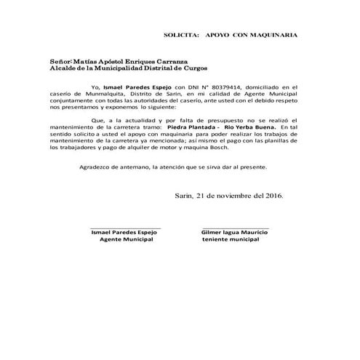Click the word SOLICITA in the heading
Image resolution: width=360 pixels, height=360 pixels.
pyautogui.click(x=181, y=35)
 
